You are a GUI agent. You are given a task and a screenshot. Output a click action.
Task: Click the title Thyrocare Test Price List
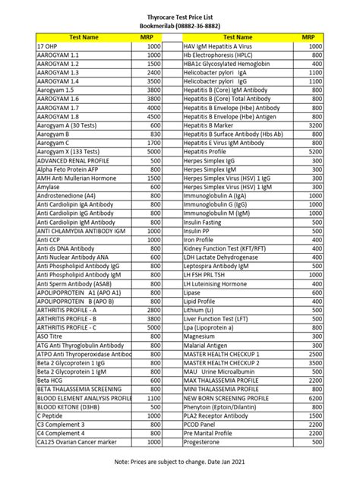click(180, 14)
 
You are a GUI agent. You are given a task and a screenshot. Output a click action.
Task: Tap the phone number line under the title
click(180, 24)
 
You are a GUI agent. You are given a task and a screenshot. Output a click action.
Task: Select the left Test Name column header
click(84, 36)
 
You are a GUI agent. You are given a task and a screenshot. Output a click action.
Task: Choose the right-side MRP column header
click(308, 36)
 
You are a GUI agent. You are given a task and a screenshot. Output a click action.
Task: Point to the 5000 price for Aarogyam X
click(153, 152)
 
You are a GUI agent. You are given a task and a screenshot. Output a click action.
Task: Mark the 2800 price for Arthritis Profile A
click(153, 310)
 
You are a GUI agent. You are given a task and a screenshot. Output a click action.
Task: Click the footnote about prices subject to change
click(180, 461)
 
